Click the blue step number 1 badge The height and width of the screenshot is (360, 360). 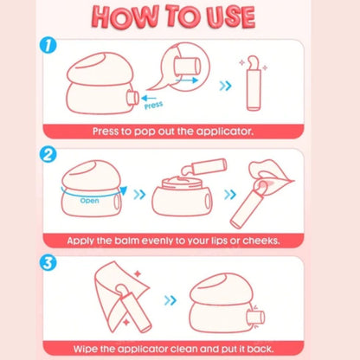(x=48, y=45)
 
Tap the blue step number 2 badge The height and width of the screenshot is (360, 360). (x=48, y=154)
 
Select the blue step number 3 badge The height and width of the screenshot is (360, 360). (x=48, y=263)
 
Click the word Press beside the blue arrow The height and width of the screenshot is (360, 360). (x=154, y=106)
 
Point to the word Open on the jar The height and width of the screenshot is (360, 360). (x=89, y=201)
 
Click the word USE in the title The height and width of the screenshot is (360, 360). (x=231, y=16)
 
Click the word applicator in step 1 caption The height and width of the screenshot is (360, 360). (x=225, y=132)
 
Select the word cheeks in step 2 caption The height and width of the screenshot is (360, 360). (x=260, y=241)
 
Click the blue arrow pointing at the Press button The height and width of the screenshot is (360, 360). (x=149, y=99)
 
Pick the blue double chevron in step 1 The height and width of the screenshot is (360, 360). (x=225, y=86)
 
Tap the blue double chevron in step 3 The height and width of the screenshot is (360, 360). (x=170, y=300)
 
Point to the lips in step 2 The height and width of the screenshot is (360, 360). (x=270, y=177)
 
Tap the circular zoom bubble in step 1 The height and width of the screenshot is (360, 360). (x=185, y=67)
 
